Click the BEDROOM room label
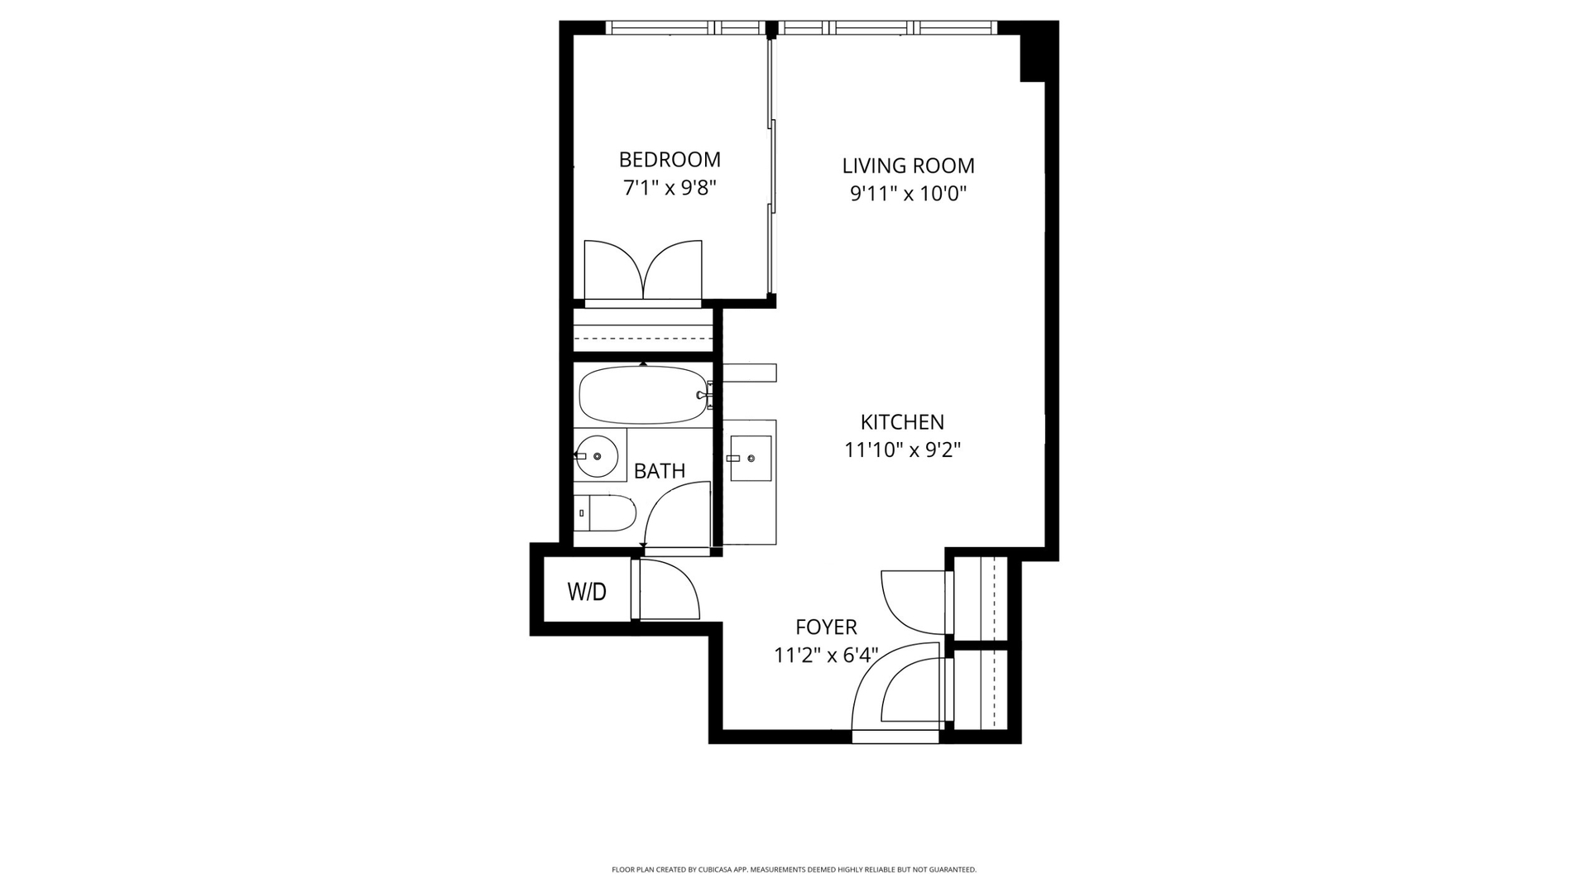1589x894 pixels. pos(670,159)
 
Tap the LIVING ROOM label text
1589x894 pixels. pos(908,166)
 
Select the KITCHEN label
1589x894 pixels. pos(902,422)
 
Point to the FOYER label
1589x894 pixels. pos(826,627)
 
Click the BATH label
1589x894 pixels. pos(660,471)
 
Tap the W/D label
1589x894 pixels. pos(587,592)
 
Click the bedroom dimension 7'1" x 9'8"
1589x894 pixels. pos(670,188)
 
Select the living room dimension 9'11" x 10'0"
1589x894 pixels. pos(909,194)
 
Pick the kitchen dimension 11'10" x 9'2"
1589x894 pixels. pos(902,450)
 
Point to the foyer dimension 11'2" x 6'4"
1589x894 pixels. pos(826,656)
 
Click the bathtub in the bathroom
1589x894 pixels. pos(643,395)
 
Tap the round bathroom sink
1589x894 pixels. pos(597,456)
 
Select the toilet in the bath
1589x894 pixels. pos(604,513)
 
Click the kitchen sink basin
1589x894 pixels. pos(751,459)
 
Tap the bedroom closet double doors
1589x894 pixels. pos(643,270)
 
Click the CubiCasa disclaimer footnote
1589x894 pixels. pos(794,870)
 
